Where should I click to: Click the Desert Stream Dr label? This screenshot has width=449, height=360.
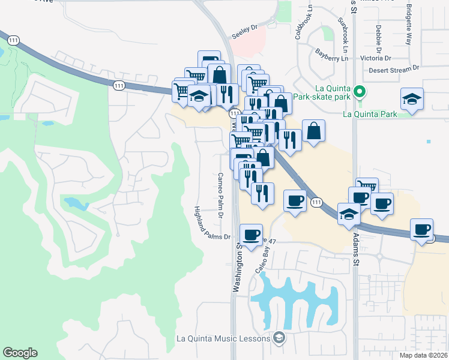click(394, 70)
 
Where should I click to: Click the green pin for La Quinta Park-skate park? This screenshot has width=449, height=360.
click(359, 91)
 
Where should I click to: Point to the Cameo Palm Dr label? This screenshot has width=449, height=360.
click(220, 195)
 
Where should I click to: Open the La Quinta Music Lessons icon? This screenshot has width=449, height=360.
click(278, 338)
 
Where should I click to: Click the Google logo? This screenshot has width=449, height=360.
click(20, 353)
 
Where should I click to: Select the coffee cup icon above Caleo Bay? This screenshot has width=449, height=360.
click(251, 233)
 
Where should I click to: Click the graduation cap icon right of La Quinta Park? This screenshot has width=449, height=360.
click(412, 98)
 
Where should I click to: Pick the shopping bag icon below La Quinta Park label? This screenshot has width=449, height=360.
click(314, 130)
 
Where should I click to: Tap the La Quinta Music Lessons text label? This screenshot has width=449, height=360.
click(224, 338)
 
